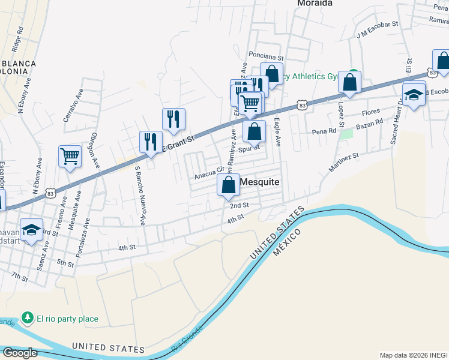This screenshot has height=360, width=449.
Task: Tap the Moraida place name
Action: point(315,3)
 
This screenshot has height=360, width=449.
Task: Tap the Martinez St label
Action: point(343,161)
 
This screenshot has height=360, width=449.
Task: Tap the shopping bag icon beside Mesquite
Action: point(229,185)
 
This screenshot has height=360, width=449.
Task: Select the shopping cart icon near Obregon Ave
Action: point(70,157)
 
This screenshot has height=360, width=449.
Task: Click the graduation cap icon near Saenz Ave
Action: point(31,229)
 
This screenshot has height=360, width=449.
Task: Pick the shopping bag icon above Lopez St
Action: point(349,83)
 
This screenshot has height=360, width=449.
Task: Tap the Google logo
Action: point(20,353)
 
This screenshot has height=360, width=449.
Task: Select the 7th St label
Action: point(20,276)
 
